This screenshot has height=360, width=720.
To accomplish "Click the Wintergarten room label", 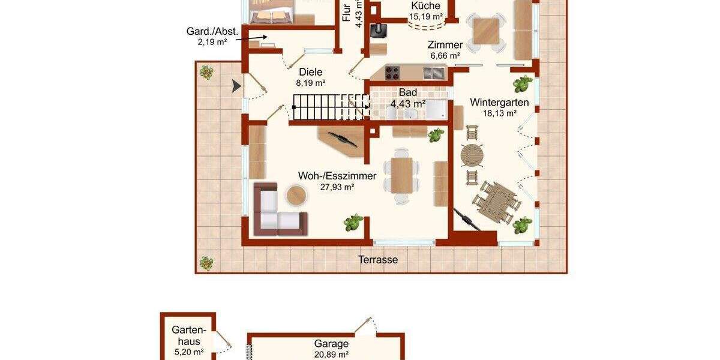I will [x=499, y=102].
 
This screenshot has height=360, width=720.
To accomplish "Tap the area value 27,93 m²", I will [x=337, y=187].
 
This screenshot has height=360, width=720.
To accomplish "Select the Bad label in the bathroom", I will [x=408, y=93].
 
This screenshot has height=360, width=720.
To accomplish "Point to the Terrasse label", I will [x=378, y=260].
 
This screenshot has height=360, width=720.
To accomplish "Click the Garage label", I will [x=331, y=344].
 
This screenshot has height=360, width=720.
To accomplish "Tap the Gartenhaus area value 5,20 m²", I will [x=188, y=352].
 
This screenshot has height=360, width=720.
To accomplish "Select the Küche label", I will [x=425, y=6].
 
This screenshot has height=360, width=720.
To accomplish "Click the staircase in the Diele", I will [x=329, y=108].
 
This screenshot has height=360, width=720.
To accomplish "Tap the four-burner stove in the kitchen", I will [x=392, y=73].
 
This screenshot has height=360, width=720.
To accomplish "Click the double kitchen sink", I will [x=434, y=73].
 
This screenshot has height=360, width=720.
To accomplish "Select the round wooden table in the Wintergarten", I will [x=472, y=155].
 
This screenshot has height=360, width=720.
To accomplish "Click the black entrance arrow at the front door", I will [x=237, y=88].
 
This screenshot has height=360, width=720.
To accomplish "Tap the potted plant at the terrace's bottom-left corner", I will [x=206, y=263].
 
